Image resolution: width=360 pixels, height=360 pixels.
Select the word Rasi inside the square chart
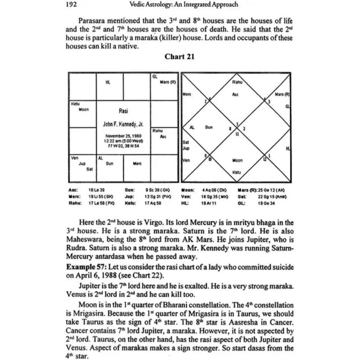[x=123, y=110]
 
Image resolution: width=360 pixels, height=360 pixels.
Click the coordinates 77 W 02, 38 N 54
[x=123, y=146]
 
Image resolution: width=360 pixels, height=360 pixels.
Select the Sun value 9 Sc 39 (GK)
[x=155, y=191]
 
